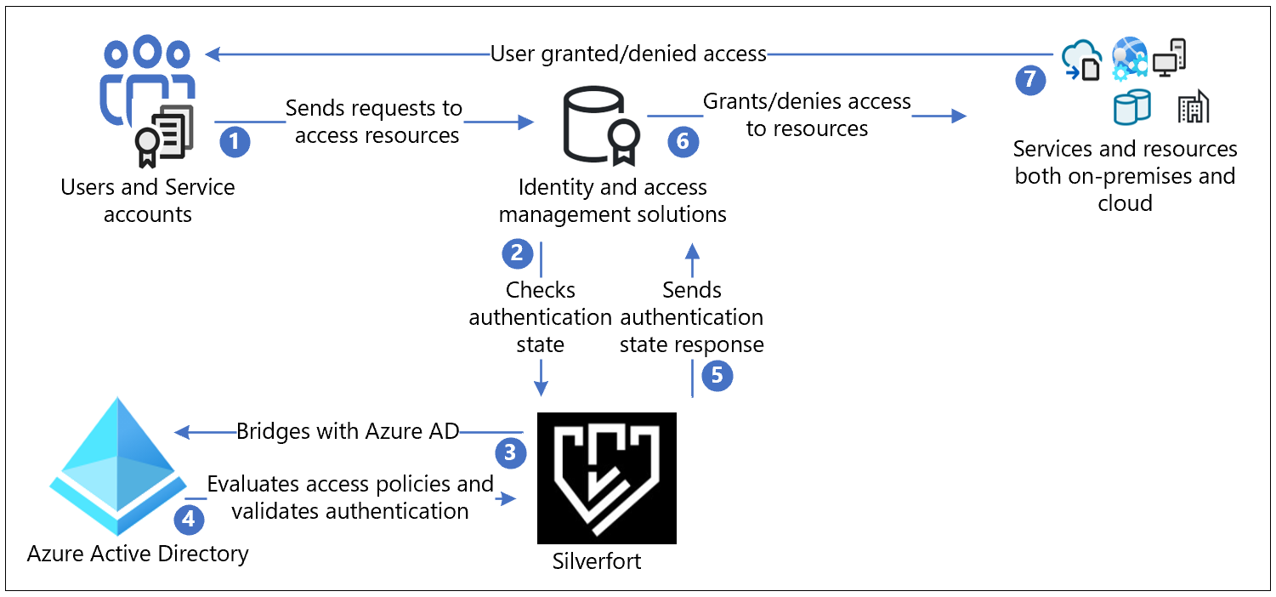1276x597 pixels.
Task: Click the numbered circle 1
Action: (x=235, y=141)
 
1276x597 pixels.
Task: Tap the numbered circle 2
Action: (x=517, y=253)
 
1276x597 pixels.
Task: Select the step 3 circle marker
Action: (x=510, y=453)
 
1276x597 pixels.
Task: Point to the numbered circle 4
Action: (x=189, y=519)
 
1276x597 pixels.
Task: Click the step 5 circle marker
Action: (x=717, y=376)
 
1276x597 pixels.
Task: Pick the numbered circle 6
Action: (x=683, y=141)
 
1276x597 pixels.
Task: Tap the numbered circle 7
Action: (x=1030, y=80)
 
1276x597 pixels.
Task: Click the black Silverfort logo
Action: (x=607, y=478)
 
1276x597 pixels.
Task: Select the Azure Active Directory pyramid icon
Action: (x=118, y=466)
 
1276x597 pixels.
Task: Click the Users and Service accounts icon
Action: (x=148, y=101)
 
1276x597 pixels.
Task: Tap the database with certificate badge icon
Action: (x=601, y=125)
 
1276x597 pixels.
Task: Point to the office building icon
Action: (x=1193, y=106)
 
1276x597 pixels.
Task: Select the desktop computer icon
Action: (x=1170, y=58)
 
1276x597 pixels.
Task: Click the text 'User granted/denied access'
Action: (x=628, y=54)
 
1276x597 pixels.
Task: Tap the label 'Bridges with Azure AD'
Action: (x=348, y=431)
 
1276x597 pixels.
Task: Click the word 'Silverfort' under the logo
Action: (x=597, y=561)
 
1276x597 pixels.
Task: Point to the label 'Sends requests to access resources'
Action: (x=374, y=122)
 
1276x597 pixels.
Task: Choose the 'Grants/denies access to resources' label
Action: (x=807, y=115)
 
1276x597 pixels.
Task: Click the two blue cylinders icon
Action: (x=1131, y=106)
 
